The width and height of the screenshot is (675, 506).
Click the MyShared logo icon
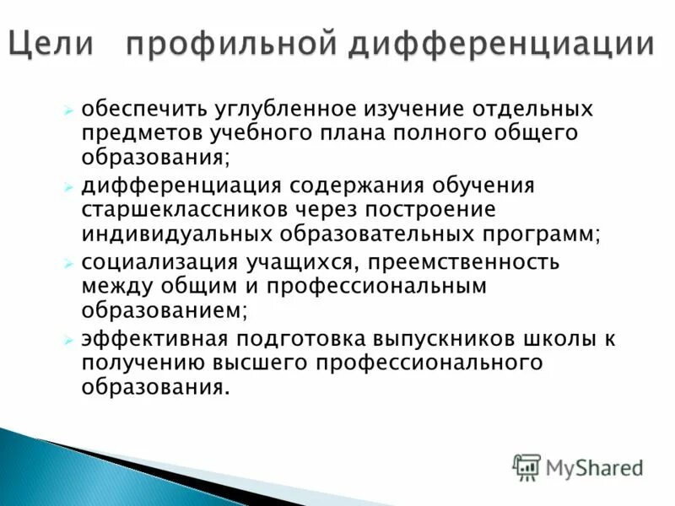coord(527,466)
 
